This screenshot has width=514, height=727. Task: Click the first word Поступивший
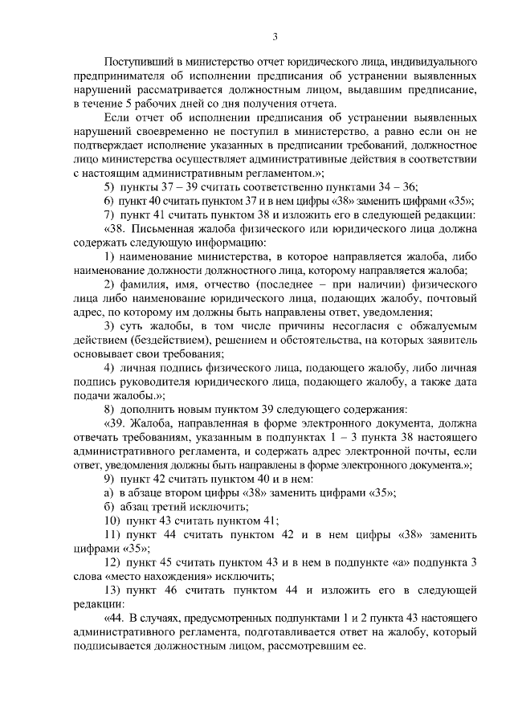(137, 61)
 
